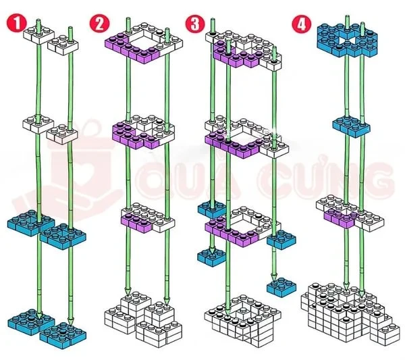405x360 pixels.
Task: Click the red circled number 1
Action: pyautogui.click(x=14, y=24)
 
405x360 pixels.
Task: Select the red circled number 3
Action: pyautogui.click(x=196, y=24)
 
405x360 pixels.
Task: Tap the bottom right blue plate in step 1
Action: pyautogui.click(x=62, y=331)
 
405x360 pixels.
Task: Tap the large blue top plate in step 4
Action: pyautogui.click(x=348, y=40)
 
